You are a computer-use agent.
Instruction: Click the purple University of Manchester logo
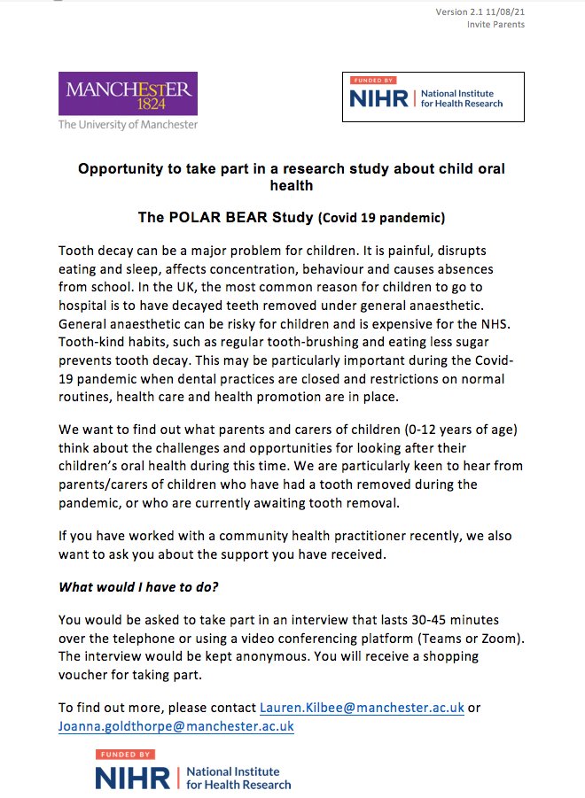click(x=128, y=94)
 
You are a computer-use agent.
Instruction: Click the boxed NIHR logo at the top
click(x=433, y=97)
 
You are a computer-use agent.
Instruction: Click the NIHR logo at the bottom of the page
click(x=193, y=771)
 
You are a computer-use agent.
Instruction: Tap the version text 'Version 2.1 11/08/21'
click(x=480, y=11)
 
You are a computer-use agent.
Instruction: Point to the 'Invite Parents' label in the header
click(x=495, y=24)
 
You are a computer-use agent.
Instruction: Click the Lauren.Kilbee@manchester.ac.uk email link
click(x=362, y=708)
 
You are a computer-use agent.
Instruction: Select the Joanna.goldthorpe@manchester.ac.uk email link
click(x=176, y=726)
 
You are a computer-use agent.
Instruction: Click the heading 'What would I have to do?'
click(x=138, y=586)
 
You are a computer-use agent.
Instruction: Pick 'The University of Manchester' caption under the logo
click(x=128, y=125)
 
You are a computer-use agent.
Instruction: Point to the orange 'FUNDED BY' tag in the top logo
click(x=370, y=80)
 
